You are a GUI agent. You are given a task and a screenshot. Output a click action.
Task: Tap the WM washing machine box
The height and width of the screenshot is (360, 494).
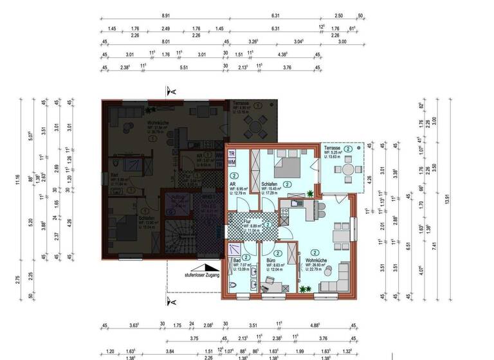pyautogui.click(x=232, y=163)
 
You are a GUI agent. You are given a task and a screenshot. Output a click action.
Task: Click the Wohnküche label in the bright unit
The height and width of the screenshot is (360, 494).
pyautogui.click(x=316, y=260)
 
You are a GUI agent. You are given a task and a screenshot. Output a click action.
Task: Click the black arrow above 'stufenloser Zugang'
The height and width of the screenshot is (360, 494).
pyautogui.click(x=207, y=267)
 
